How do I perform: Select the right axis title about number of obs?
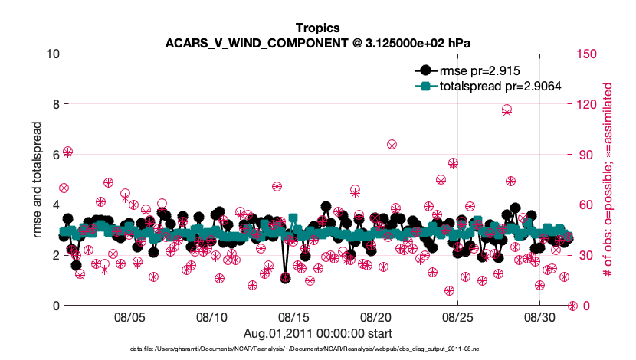609,179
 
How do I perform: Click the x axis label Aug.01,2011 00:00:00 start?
317,333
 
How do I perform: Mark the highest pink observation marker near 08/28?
507,110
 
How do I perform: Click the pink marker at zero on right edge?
572,306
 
